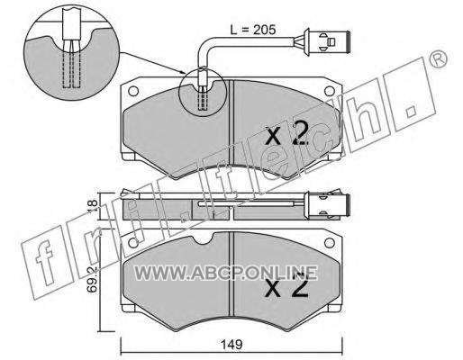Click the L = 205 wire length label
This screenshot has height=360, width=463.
click(x=252, y=30)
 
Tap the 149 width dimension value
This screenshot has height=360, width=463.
click(x=232, y=345)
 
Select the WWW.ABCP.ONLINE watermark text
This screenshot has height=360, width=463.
click(x=226, y=273)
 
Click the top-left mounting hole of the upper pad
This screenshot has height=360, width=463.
click(x=133, y=91)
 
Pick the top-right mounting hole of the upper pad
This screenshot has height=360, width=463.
click(x=330, y=91)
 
